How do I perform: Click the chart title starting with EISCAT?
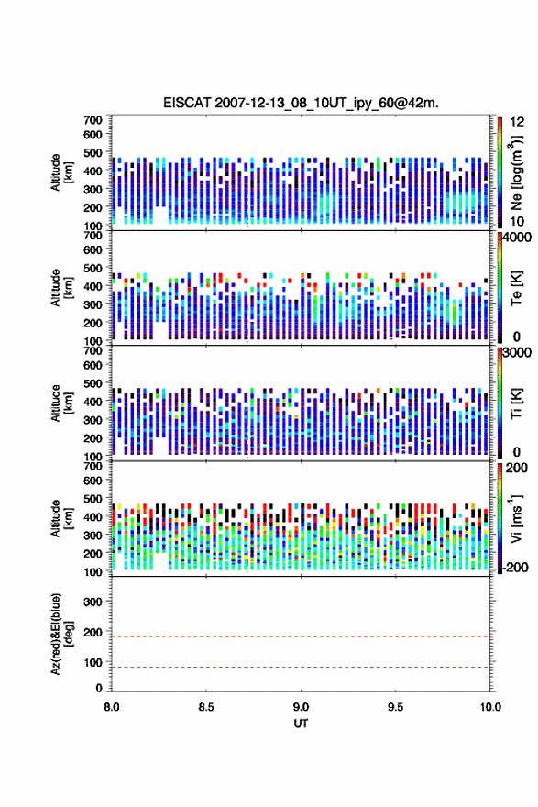click(x=301, y=103)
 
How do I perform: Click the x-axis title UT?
click(x=301, y=724)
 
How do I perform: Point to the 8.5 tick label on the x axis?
click(x=205, y=707)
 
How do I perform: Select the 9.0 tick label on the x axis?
click(x=301, y=707)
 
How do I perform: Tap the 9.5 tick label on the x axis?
click(x=396, y=707)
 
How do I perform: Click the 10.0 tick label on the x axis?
click(x=490, y=707)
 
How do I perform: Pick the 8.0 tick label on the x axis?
click(x=112, y=707)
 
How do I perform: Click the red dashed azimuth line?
click(x=301, y=636)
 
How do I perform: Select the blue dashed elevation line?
click(x=301, y=667)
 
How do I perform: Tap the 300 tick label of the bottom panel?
click(x=93, y=602)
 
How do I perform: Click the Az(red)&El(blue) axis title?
click(x=61, y=634)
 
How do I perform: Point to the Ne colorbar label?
click(x=516, y=173)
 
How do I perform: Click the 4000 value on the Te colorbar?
click(x=517, y=238)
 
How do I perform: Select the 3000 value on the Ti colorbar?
click(x=517, y=353)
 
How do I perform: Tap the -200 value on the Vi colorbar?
click(x=515, y=568)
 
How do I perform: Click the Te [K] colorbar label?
click(x=516, y=288)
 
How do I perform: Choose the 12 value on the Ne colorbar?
click(x=518, y=122)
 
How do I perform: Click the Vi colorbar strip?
click(x=500, y=518)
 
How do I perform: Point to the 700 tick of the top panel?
click(x=93, y=120)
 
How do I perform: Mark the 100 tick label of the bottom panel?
click(x=93, y=662)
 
